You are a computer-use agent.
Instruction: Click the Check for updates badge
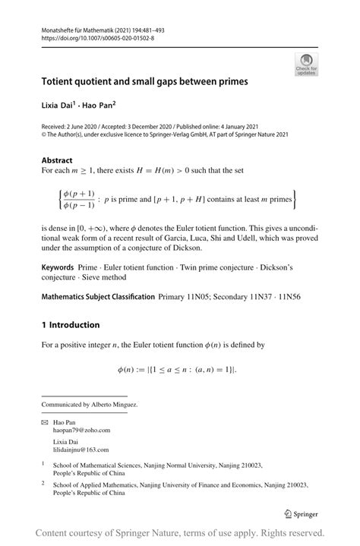pyautogui.click(x=306, y=64)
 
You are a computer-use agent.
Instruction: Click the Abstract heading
pyautogui.click(x=57, y=160)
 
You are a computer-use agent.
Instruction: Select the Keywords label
pyautogui.click(x=58, y=269)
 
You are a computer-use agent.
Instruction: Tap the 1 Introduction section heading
pyautogui.click(x=71, y=325)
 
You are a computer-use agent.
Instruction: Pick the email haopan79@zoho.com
pyautogui.click(x=89, y=430)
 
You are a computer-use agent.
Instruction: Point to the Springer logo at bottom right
pyautogui.click(x=297, y=513)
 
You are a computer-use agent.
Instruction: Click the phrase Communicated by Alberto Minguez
pyautogui.click(x=90, y=405)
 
